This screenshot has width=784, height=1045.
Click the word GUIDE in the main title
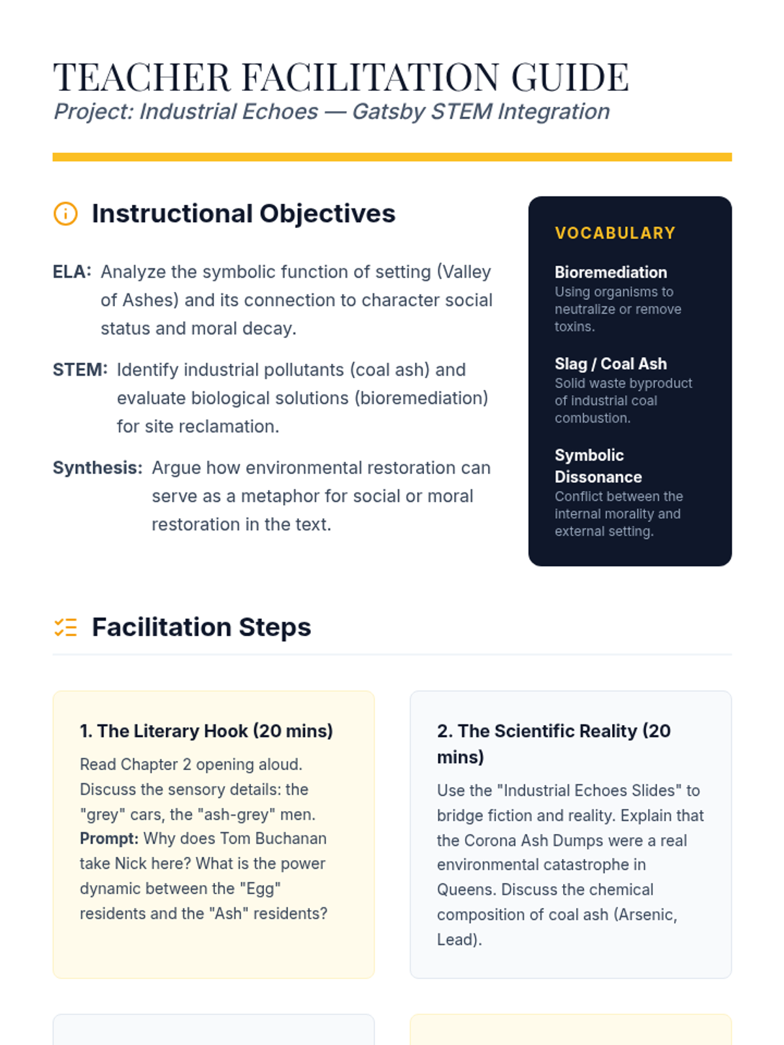pos(570,78)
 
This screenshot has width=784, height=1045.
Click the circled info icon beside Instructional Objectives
pos(65,214)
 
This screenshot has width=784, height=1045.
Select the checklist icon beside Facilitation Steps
pos(65,627)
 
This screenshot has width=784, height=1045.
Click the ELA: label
pos(72,272)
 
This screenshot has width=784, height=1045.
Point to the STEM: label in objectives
pos(80,370)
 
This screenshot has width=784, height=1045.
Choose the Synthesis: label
pos(97,468)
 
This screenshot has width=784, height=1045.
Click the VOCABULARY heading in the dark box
pos(615,233)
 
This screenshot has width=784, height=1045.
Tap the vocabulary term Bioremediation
pos(611,272)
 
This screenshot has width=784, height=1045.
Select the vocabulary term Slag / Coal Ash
pos(611,364)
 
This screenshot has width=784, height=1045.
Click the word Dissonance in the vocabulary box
pos(598,477)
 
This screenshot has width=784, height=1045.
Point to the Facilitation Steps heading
pos(201,627)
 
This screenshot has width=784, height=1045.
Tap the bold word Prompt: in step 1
pos(108,839)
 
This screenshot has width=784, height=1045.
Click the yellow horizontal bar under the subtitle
pos(392,157)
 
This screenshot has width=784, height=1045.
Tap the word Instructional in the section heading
pos(172,214)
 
